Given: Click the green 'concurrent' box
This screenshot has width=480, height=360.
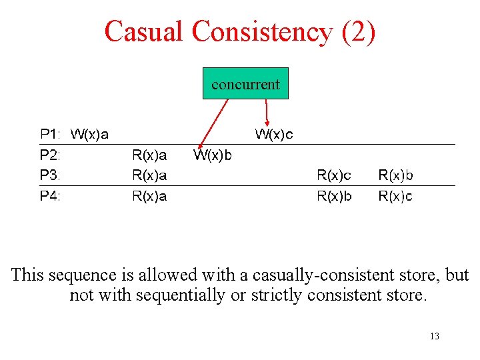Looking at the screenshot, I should click(x=245, y=83).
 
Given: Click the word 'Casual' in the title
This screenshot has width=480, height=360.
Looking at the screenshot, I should click(x=143, y=31).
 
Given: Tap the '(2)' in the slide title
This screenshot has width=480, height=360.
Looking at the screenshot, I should click(x=358, y=31).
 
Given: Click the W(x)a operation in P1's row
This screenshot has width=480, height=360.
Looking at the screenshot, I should click(x=90, y=134).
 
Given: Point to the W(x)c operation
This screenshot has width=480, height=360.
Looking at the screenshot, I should click(x=274, y=134).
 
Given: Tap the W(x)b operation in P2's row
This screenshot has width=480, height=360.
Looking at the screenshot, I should click(x=213, y=155).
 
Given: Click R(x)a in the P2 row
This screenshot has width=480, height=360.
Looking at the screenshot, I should click(x=150, y=155).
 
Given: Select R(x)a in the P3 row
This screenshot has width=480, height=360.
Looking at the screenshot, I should click(x=150, y=175).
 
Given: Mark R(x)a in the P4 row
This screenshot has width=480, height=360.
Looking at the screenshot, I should click(x=150, y=196).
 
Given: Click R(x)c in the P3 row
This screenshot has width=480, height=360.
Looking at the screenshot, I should click(x=334, y=175).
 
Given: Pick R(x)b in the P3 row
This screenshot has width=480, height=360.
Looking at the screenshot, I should click(x=396, y=175).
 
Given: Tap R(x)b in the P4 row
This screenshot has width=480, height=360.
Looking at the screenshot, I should click(x=334, y=196).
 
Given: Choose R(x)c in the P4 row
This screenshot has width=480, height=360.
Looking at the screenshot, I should click(x=396, y=196).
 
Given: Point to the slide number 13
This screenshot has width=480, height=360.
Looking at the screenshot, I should click(x=435, y=336).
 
